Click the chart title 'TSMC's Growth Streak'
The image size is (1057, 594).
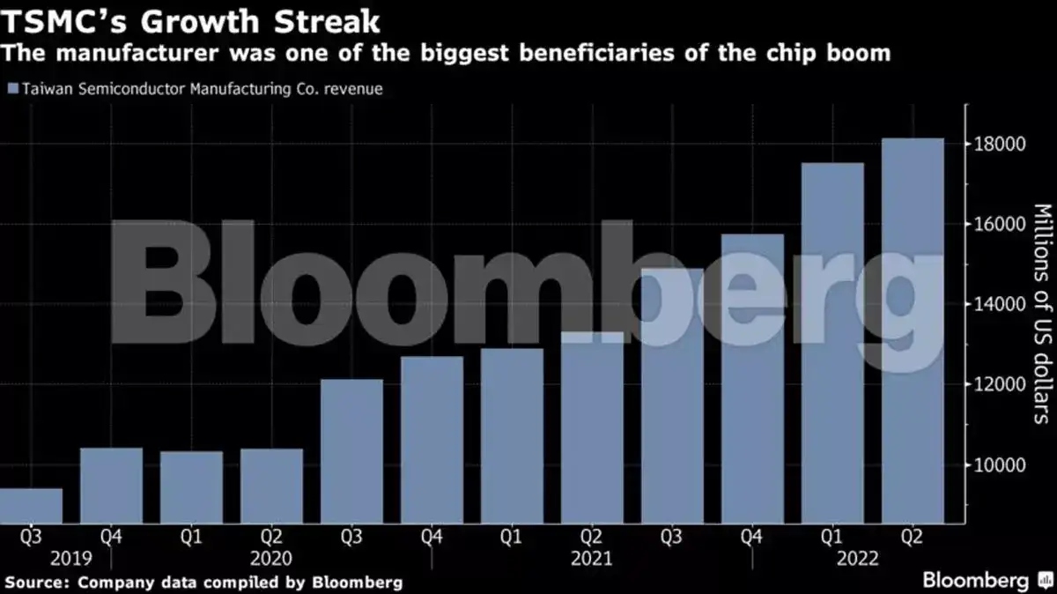pos(190,19)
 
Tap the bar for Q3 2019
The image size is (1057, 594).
pos(31,506)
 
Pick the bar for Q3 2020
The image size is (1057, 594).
pos(351,451)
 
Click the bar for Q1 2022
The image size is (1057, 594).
pos(832,343)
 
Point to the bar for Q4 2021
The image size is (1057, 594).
pos(752,378)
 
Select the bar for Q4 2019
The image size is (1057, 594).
pos(111,486)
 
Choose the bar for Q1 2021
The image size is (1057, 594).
pos(512,435)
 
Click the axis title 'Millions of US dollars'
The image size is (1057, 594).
pos(1042,313)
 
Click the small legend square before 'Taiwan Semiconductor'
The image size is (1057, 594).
pos(12,89)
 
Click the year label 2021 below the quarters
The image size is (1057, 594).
pos(592,558)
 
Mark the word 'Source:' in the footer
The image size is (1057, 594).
pos(37,582)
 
